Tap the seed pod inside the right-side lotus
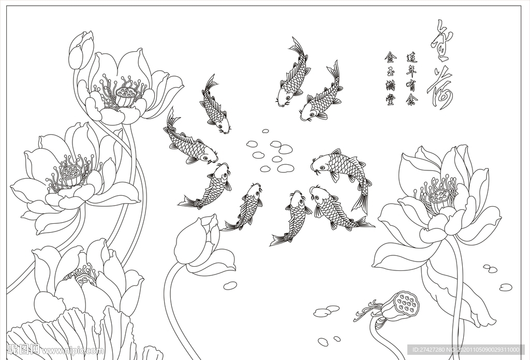(439, 195)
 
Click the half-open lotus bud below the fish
(199, 243)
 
